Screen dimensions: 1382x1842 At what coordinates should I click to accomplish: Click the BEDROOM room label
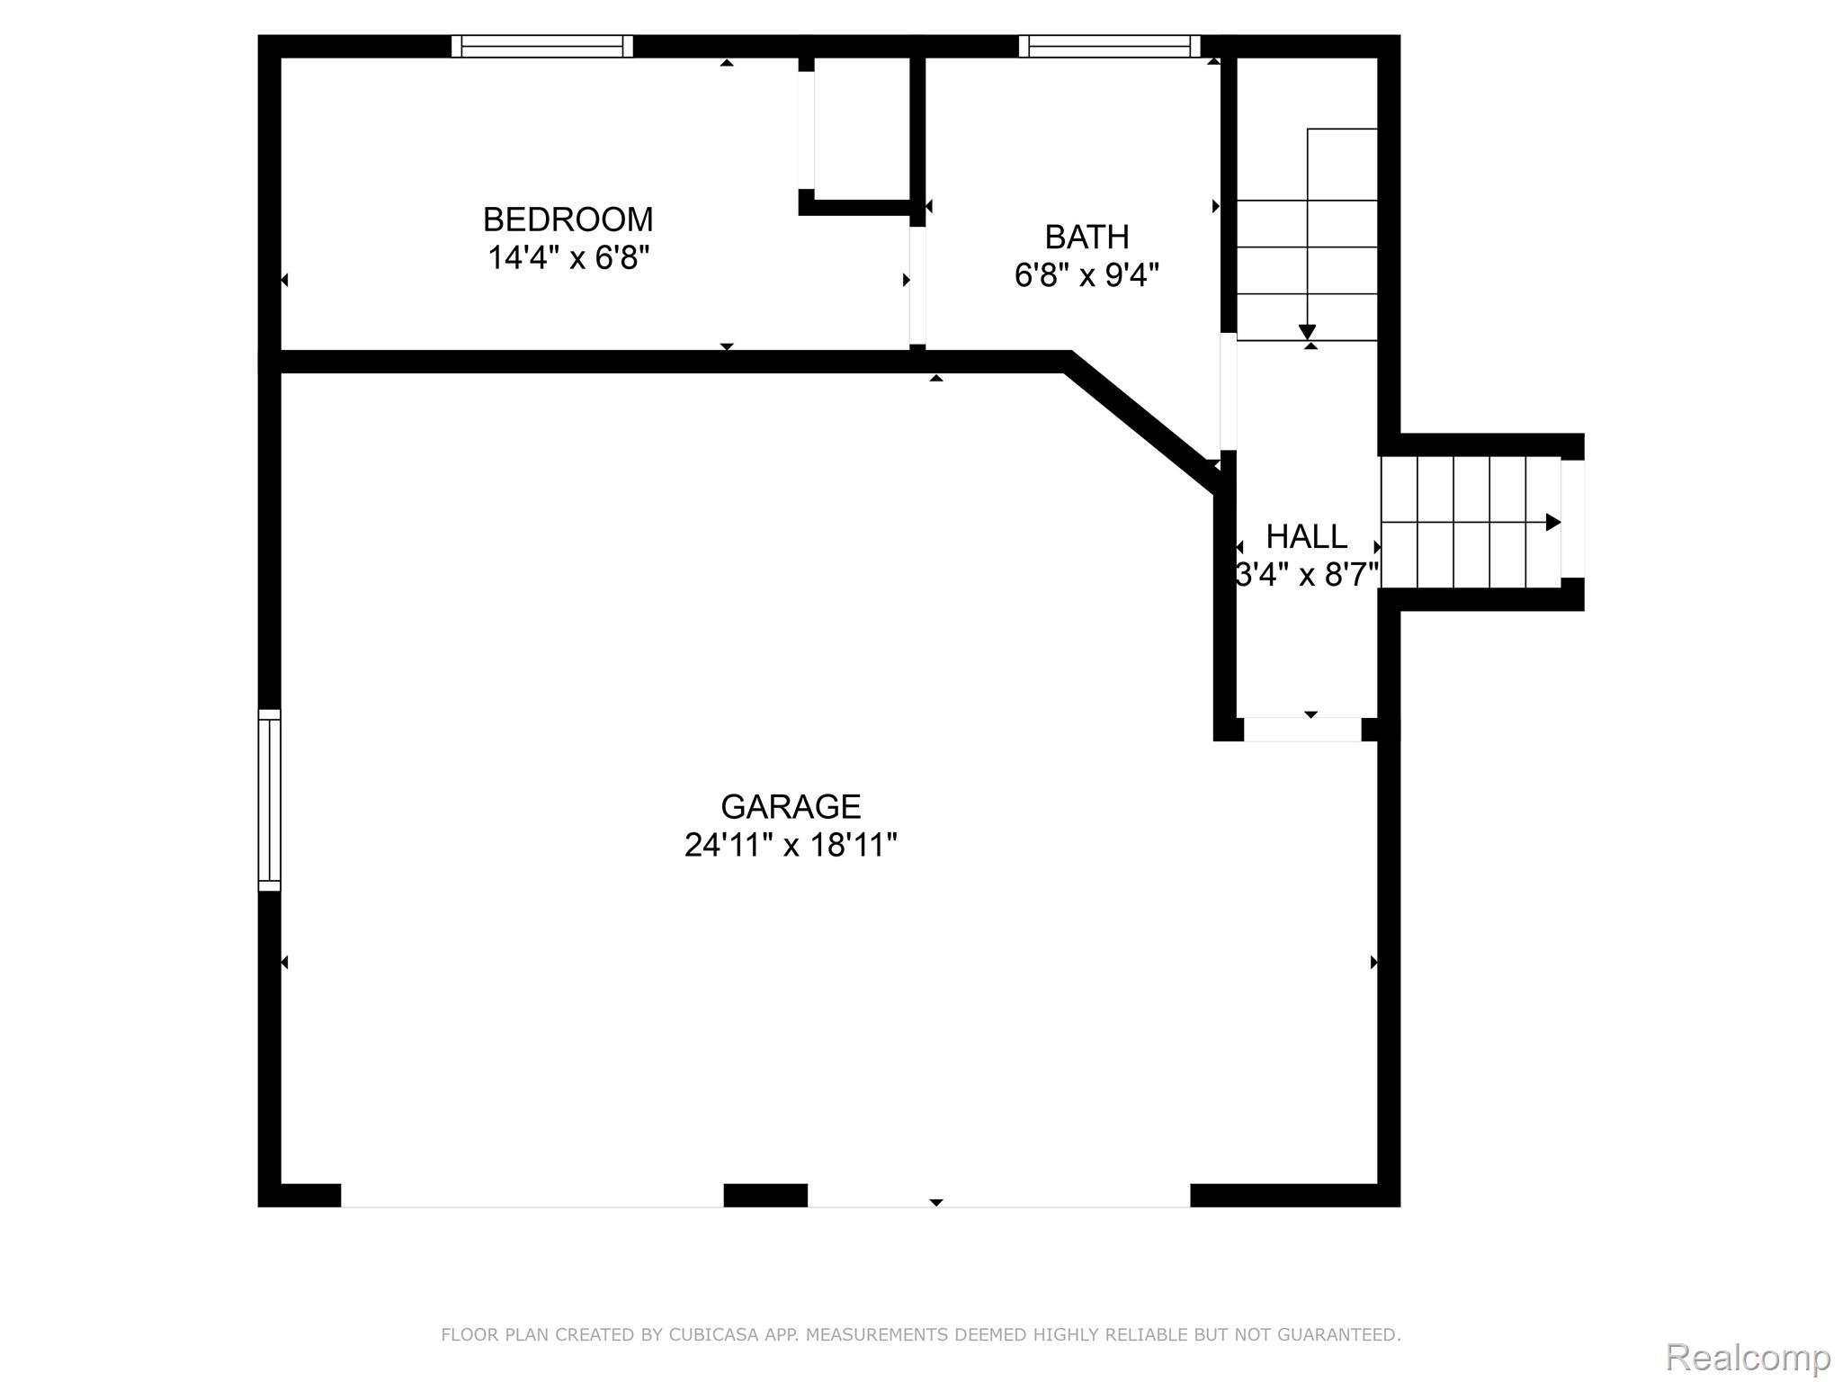click(x=568, y=220)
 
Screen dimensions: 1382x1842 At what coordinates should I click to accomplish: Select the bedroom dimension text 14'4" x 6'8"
click(x=568, y=258)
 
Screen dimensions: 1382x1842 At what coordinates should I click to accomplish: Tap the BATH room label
click(x=1086, y=237)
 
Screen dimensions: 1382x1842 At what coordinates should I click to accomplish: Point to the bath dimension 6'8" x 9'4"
click(x=1086, y=275)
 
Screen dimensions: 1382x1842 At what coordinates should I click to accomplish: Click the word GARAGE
click(x=791, y=806)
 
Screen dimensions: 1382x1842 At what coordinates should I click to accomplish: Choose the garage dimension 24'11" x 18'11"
click(x=791, y=846)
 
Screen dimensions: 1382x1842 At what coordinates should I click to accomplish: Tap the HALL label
click(x=1306, y=536)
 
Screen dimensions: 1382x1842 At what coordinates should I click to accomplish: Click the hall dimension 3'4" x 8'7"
click(x=1306, y=575)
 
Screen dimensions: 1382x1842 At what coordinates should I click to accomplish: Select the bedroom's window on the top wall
click(x=541, y=46)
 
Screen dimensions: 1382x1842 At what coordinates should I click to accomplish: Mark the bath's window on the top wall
click(x=1109, y=46)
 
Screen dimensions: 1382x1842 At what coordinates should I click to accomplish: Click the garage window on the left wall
click(x=269, y=800)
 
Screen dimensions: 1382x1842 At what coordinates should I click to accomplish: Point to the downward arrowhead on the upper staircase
click(x=1307, y=332)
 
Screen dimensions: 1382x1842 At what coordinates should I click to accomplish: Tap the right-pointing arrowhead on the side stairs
click(x=1552, y=522)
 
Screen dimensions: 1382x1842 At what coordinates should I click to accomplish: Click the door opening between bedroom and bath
click(x=917, y=284)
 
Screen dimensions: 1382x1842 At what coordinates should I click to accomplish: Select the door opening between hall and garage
click(x=1301, y=730)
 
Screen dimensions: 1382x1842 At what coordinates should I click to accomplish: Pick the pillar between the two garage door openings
click(x=765, y=1195)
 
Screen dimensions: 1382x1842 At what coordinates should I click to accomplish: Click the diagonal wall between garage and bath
click(x=1140, y=422)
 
